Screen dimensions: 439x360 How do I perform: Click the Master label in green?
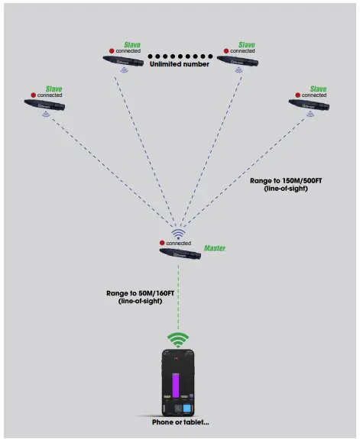click(x=215, y=248)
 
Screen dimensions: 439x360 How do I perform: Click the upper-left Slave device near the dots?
click(x=125, y=60)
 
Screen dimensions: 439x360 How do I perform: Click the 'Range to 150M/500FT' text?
click(x=281, y=181)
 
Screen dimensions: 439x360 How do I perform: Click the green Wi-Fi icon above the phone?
click(x=178, y=339)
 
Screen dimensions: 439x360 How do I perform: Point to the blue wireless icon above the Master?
click(x=177, y=234)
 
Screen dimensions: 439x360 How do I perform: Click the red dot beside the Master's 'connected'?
click(x=163, y=243)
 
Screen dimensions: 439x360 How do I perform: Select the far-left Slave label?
click(x=54, y=89)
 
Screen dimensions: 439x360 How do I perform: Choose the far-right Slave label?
click(x=317, y=89)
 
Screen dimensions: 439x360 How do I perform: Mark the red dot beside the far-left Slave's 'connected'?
click(x=32, y=95)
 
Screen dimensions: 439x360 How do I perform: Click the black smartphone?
click(x=179, y=382)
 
